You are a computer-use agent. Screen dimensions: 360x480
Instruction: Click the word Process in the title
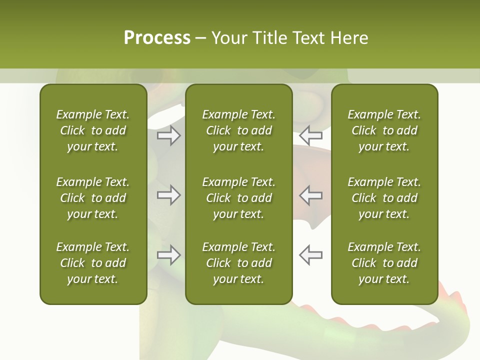coord(157,38)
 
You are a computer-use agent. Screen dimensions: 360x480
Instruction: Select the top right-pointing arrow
coord(168,135)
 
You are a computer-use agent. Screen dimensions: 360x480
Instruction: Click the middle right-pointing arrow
coord(168,195)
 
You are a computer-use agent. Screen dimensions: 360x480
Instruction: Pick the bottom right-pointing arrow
coord(168,254)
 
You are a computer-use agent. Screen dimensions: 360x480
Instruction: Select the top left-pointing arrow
coord(311,135)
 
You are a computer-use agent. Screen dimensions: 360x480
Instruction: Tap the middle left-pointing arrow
coord(311,195)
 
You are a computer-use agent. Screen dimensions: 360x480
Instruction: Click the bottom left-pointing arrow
coord(311,254)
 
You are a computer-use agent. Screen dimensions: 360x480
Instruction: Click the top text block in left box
coord(93,130)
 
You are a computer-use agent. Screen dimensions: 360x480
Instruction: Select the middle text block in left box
coord(93,198)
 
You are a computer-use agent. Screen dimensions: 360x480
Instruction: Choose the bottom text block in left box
coord(93,263)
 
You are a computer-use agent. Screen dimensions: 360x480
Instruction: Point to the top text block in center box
coord(238,130)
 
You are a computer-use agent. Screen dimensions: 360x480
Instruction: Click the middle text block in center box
coord(238,198)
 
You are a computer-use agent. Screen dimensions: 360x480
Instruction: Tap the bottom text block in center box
coord(238,263)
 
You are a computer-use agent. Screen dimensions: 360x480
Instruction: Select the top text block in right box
coord(384,130)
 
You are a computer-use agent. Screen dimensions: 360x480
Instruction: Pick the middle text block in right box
coord(384,198)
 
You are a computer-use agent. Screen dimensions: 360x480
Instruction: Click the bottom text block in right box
coord(384,263)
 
